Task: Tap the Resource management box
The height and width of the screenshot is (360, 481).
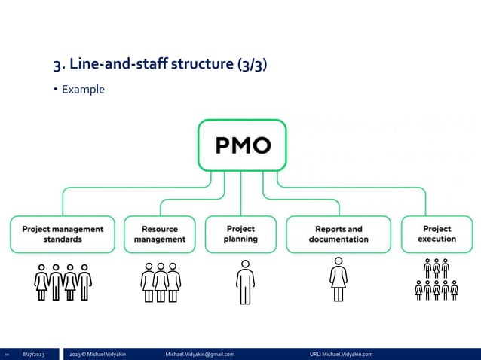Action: (x=160, y=233)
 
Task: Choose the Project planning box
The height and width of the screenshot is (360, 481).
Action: (x=240, y=233)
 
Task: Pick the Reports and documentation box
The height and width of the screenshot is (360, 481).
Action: (x=339, y=233)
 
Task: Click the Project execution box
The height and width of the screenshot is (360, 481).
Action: (x=437, y=233)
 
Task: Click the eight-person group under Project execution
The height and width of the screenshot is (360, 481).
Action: (x=437, y=279)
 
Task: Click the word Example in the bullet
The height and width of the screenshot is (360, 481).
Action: (x=83, y=90)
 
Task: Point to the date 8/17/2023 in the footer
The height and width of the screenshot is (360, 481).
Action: (x=33, y=353)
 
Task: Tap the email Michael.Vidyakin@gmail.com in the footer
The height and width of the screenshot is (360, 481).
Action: (x=199, y=353)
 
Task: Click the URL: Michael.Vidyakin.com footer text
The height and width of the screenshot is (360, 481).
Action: (x=341, y=353)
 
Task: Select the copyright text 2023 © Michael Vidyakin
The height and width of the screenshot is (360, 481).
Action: (x=97, y=353)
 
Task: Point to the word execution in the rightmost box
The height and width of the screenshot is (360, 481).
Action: (x=437, y=239)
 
